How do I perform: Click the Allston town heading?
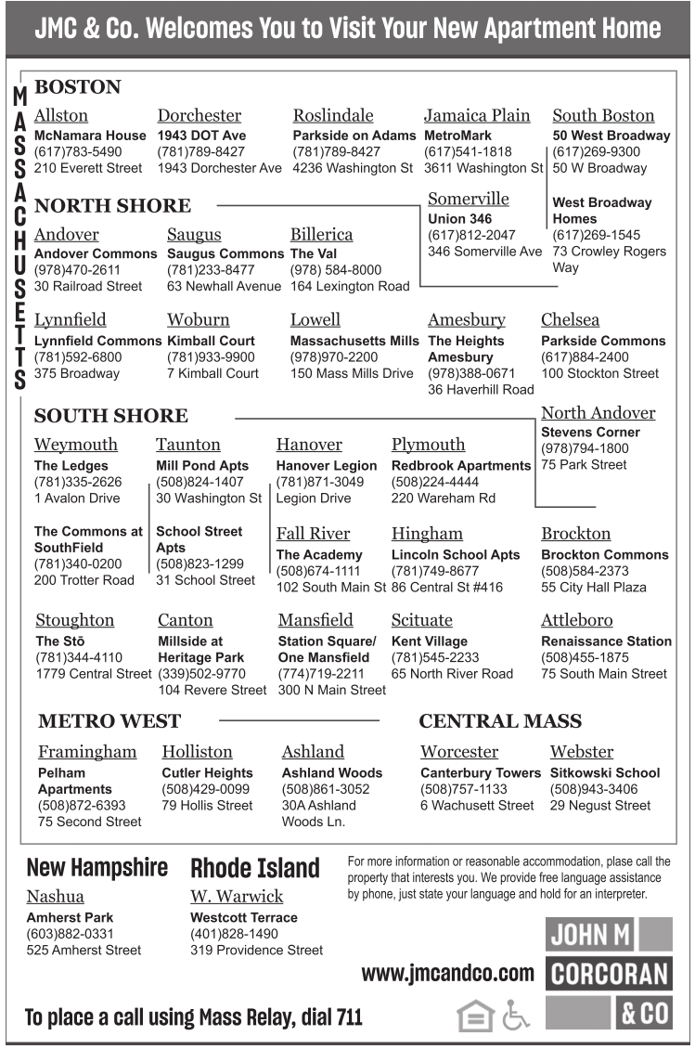[61, 116]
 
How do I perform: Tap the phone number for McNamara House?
[78, 151]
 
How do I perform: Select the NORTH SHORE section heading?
[112, 205]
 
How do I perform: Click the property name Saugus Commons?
[225, 253]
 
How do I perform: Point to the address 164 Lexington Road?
[350, 286]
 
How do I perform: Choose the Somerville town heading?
[469, 199]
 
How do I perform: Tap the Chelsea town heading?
[570, 320]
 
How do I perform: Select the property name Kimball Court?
[211, 341]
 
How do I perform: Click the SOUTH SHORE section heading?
[110, 415]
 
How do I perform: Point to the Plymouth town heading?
[428, 445]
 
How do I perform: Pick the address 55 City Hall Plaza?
[594, 588]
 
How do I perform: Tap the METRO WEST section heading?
[109, 720]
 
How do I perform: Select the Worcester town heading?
[459, 752]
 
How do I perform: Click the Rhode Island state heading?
[255, 869]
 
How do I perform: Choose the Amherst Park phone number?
[71, 934]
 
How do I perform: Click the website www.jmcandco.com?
[448, 974]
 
